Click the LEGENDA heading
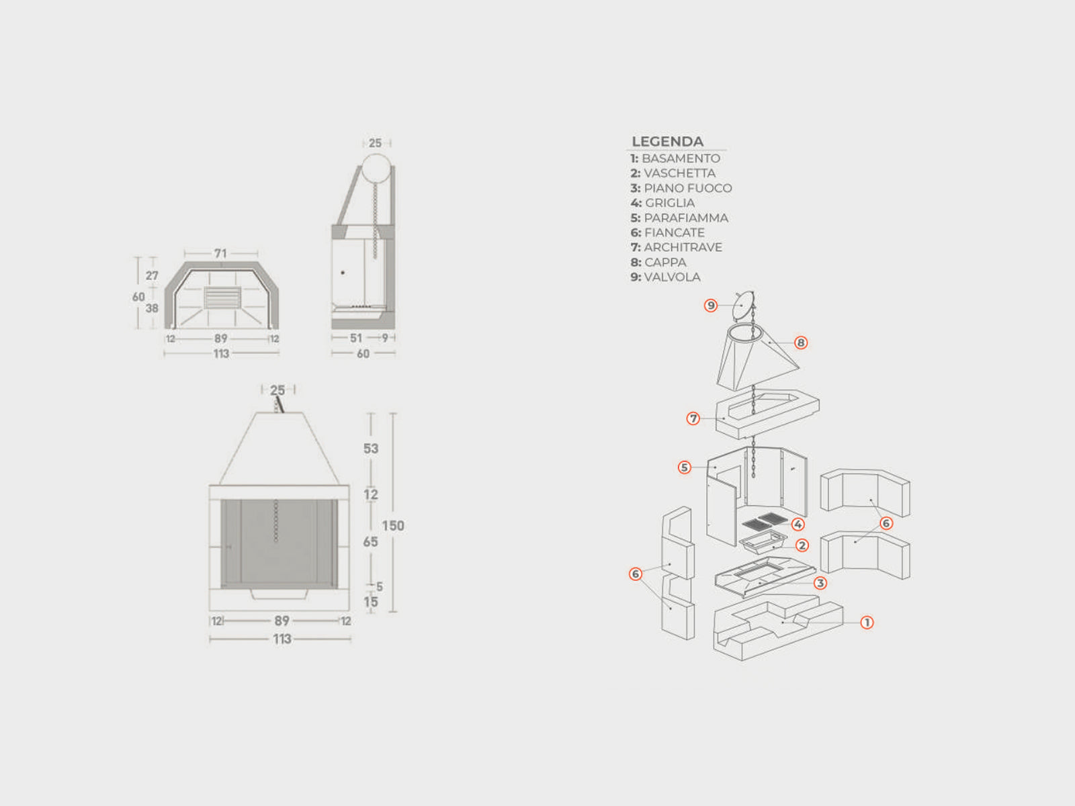[668, 142]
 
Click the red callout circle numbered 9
[711, 306]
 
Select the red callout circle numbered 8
[801, 343]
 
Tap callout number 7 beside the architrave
[693, 418]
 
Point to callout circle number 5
[685, 467]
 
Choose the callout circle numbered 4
[798, 525]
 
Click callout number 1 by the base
[867, 623]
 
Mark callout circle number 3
[820, 583]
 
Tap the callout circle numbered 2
[802, 545]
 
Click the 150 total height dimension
[393, 526]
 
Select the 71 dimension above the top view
[220, 253]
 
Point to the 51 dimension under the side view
[356, 338]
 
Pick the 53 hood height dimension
[371, 449]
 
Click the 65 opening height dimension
[370, 542]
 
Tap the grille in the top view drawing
[222, 298]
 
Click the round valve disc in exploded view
[742, 306]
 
